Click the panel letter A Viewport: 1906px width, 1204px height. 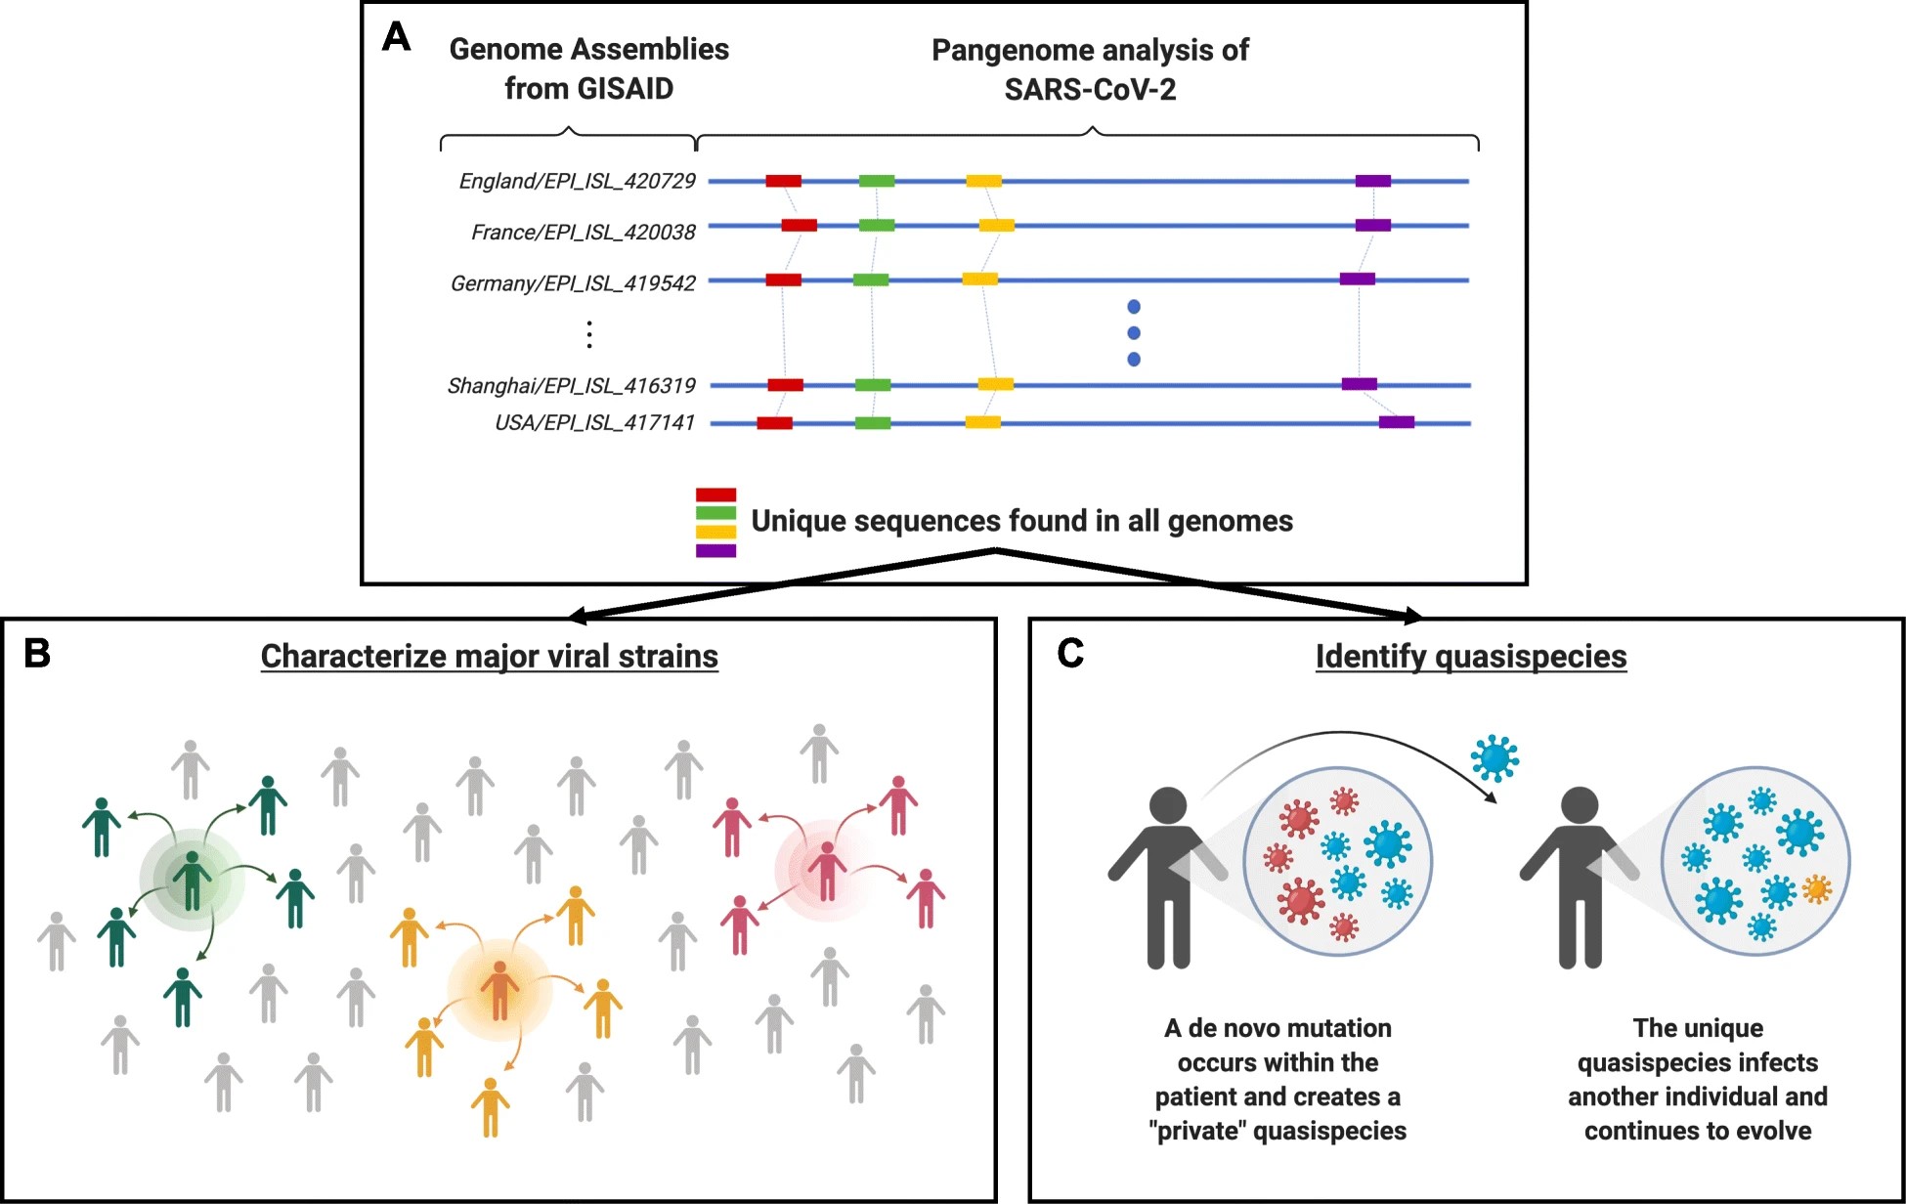(396, 37)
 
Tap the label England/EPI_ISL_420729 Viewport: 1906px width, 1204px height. (577, 181)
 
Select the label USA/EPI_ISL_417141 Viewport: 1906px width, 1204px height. (594, 423)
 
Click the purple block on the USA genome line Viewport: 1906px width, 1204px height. (1396, 422)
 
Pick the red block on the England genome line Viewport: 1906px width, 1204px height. (783, 181)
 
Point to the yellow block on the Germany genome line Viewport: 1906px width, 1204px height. (979, 279)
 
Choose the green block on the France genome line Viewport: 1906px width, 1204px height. (877, 226)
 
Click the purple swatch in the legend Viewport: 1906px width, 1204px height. (715, 551)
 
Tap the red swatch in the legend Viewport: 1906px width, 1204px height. (715, 494)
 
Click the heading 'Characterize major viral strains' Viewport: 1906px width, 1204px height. (489, 657)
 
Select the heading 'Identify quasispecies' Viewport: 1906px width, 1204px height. (1470, 657)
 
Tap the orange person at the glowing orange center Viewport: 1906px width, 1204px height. (499, 989)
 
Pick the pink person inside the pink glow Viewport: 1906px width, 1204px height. (827, 870)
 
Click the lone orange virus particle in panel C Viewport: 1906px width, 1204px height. (1816, 888)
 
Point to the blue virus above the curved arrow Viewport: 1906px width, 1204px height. (1494, 757)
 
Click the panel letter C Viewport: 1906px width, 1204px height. (1070, 653)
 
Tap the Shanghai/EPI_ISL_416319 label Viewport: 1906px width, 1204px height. (571, 386)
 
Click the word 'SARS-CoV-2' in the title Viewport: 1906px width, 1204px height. (1090, 90)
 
